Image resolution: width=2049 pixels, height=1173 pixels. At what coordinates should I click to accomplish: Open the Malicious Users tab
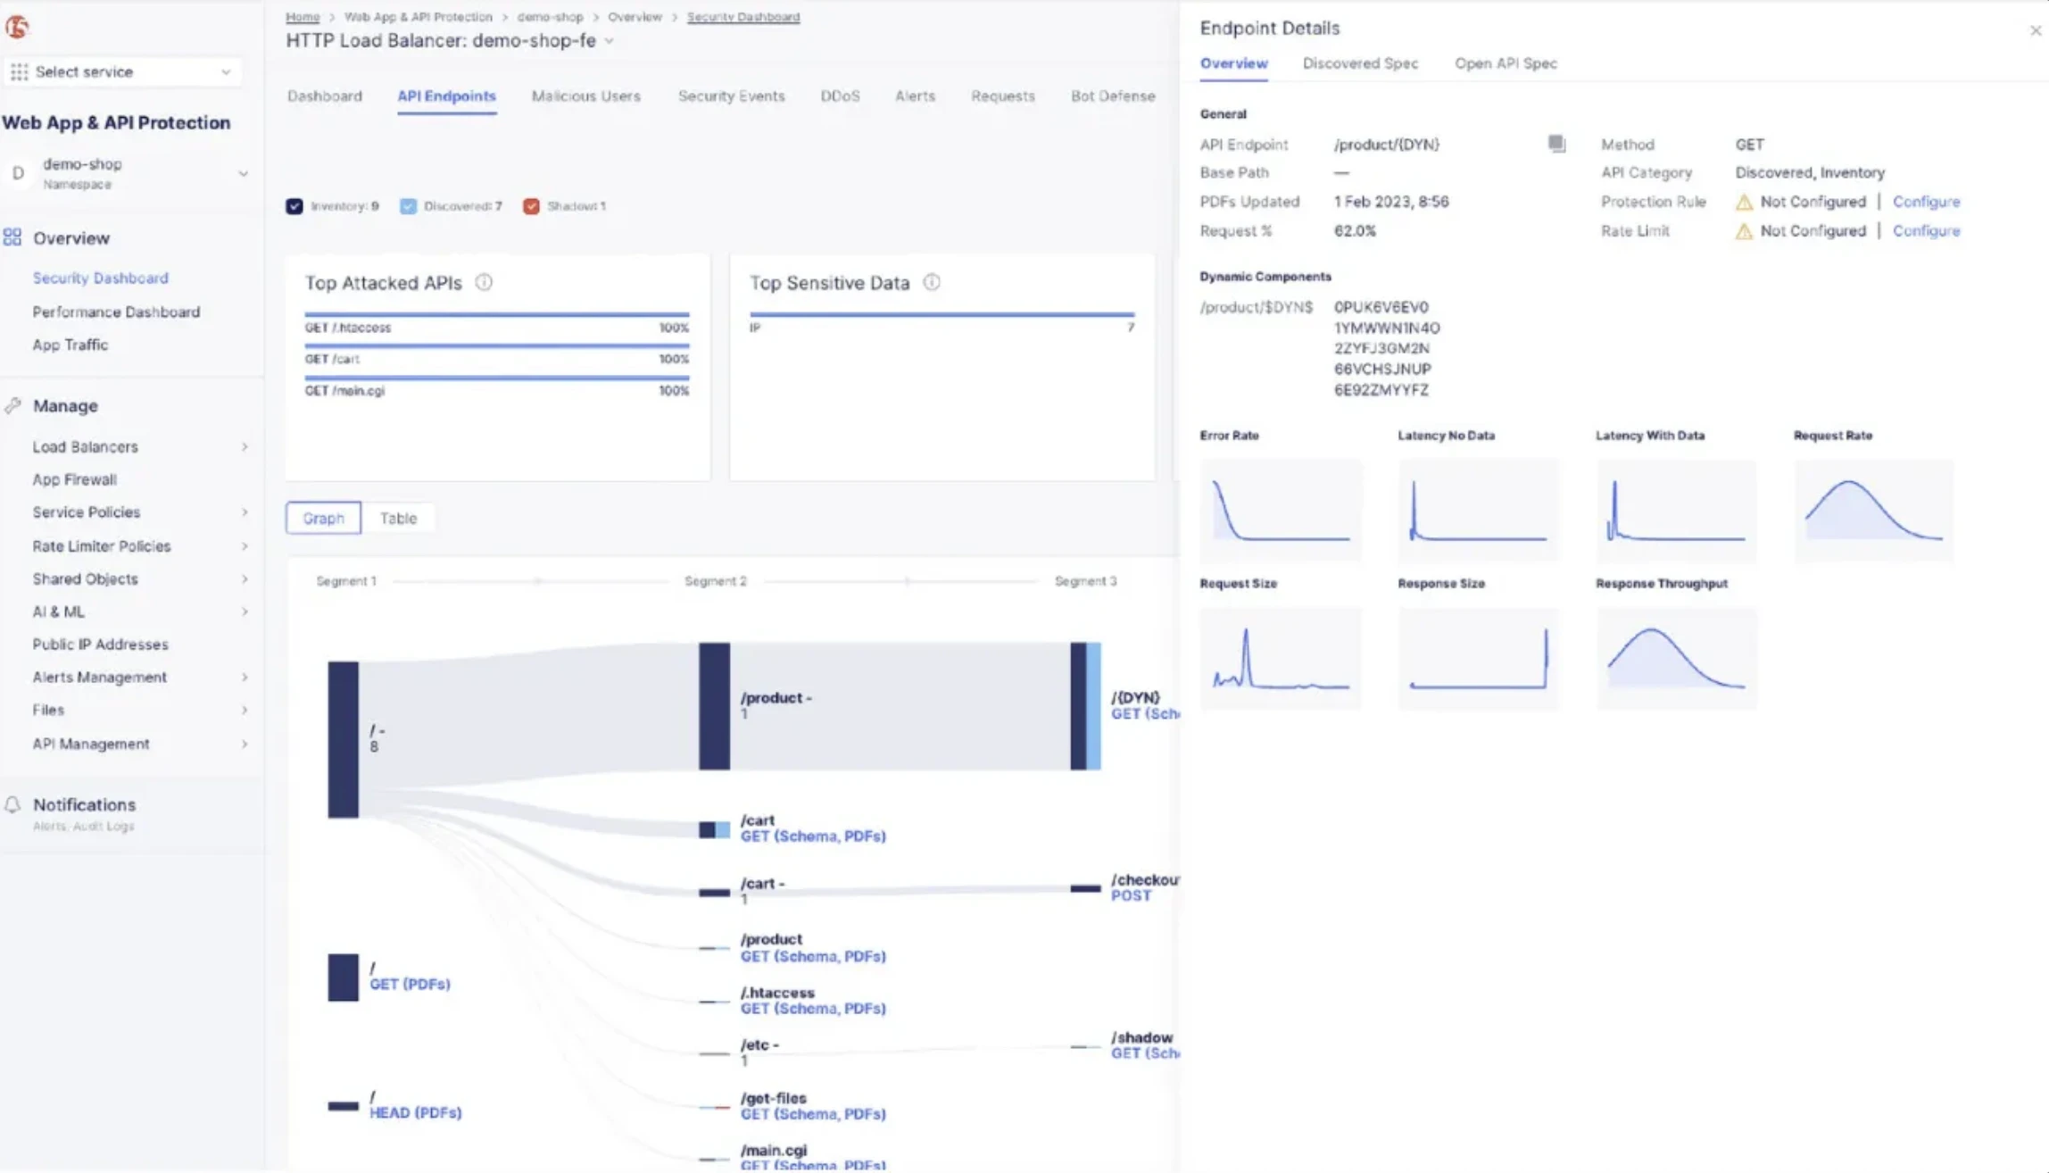[585, 96]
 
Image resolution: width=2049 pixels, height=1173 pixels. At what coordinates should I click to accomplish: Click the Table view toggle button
[398, 519]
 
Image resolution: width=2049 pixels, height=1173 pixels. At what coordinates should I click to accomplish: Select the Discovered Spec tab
[1360, 63]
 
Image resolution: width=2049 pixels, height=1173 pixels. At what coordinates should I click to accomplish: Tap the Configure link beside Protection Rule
[1926, 202]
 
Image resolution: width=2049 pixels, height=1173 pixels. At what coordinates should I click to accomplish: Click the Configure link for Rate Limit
[1926, 231]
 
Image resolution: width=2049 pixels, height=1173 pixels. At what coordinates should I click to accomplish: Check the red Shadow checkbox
[532, 206]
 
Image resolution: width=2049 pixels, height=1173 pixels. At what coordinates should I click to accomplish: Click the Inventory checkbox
[294, 206]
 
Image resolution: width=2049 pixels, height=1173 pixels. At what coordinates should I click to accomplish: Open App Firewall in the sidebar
[75, 479]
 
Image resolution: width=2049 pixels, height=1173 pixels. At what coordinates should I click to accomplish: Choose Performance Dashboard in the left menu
[116, 312]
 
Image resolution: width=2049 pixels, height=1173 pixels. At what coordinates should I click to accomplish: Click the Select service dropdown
[122, 71]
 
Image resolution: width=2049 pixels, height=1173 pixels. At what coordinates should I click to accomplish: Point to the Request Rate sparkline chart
[1873, 511]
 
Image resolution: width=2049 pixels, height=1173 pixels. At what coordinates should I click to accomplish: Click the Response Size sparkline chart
[1478, 659]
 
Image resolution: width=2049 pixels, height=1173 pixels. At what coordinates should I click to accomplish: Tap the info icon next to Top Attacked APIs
[484, 283]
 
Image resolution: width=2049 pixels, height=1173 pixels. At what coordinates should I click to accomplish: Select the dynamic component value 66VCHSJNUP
[1382, 369]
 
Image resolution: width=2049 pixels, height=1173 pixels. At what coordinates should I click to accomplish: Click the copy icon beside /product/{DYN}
[1556, 144]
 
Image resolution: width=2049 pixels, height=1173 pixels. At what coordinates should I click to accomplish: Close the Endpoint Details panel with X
[2035, 30]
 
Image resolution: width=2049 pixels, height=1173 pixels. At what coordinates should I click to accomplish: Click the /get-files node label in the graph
[774, 1098]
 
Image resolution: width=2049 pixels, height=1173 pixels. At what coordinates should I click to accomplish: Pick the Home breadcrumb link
[303, 17]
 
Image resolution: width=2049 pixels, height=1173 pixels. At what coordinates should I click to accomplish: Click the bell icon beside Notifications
[12, 804]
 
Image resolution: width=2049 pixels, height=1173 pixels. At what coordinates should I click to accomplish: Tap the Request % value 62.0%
[1355, 231]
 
